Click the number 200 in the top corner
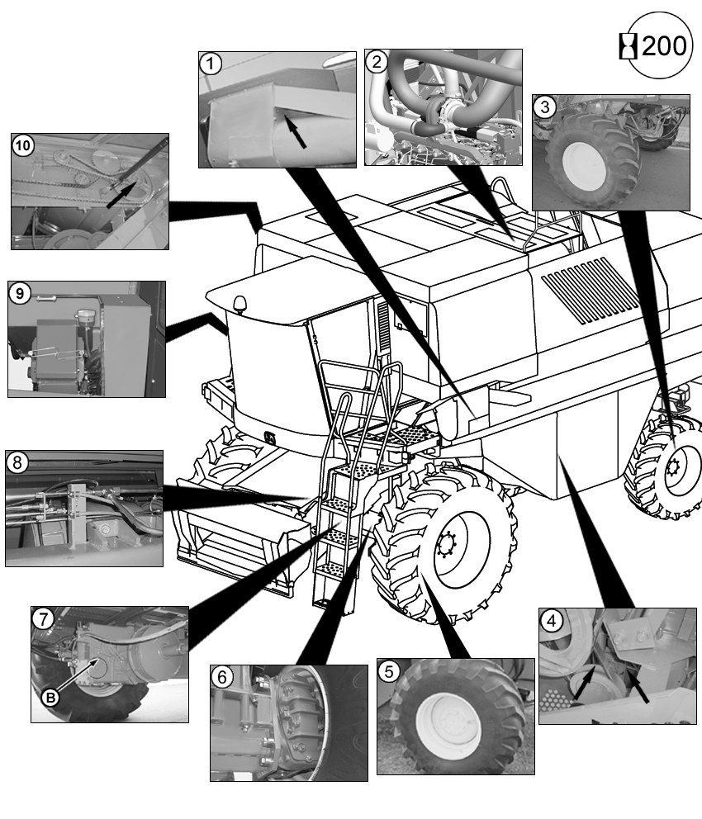tap(664, 46)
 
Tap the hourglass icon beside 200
tap(628, 46)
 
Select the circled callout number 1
tap(211, 64)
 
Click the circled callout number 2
tap(377, 62)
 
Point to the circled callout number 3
tap(545, 107)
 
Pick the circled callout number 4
tap(551, 621)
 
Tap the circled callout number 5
tap(389, 671)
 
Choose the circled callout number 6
tap(222, 678)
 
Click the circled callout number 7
tap(43, 619)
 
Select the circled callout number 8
tap(17, 463)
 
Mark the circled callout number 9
tap(20, 294)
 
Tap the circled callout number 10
tap(23, 145)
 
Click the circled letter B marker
tap(50, 698)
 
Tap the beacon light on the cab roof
tap(240, 305)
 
